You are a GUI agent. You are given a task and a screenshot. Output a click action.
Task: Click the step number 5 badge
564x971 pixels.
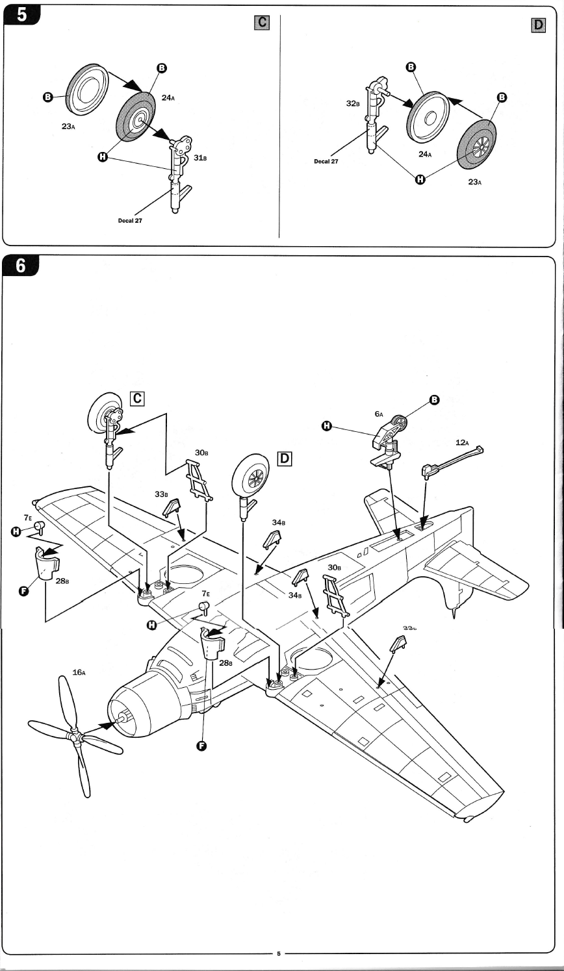coord(21,15)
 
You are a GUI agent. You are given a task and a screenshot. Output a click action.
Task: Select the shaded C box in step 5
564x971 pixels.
coord(261,23)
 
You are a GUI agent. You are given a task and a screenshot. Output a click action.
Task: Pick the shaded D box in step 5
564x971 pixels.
coord(538,25)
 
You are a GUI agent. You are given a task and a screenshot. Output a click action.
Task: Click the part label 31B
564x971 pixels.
coord(199,158)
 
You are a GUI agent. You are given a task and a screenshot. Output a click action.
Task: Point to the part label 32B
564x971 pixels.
coord(353,103)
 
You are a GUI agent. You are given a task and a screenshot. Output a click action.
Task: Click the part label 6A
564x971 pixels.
coord(379,413)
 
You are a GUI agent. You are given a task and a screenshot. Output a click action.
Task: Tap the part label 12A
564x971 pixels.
coord(462,442)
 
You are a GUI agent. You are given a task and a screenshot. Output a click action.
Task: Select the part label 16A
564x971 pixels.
coord(79,673)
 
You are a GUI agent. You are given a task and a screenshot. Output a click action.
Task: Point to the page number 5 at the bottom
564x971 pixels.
coord(279,953)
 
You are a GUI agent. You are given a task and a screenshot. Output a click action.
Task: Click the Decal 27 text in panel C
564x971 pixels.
coord(129,221)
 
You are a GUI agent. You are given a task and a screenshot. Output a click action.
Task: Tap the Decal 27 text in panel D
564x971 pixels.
coord(326,162)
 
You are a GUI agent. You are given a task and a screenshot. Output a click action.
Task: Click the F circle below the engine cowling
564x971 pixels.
coord(201,746)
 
